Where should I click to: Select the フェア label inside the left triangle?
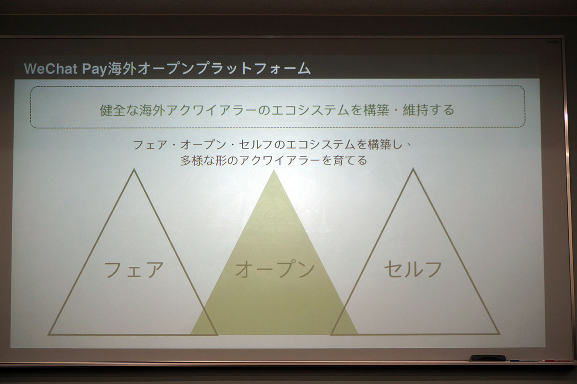point(134,270)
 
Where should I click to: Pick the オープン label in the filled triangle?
point(275,270)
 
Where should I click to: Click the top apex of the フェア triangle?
point(134,170)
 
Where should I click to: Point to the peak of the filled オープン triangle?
point(274,171)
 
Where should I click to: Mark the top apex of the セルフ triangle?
point(413,169)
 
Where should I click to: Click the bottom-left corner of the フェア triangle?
point(49,334)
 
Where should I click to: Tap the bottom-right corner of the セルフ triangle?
point(499,333)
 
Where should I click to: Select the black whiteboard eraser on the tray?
point(487,358)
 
